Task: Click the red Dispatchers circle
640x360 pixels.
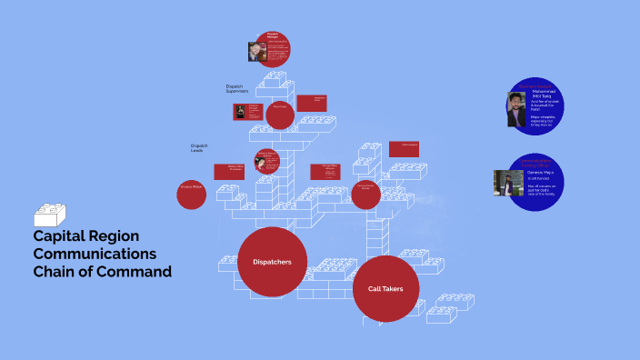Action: [272, 262]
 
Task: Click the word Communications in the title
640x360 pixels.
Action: [95, 254]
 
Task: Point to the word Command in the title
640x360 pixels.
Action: [136, 271]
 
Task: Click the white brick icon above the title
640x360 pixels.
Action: [50, 215]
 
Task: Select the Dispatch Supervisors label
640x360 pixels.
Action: [236, 89]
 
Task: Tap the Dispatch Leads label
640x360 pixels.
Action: [199, 147]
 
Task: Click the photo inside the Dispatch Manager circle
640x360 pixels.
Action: [256, 51]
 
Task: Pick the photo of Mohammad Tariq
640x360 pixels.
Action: [515, 110]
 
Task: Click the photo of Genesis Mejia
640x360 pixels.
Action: [508, 183]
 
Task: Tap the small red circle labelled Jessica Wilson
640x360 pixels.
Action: [191, 195]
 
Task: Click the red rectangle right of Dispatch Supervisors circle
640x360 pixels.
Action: [312, 103]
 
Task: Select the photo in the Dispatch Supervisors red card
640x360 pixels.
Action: [241, 112]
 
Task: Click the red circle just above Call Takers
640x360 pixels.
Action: [365, 195]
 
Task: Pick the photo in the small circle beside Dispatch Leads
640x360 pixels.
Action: [261, 164]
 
